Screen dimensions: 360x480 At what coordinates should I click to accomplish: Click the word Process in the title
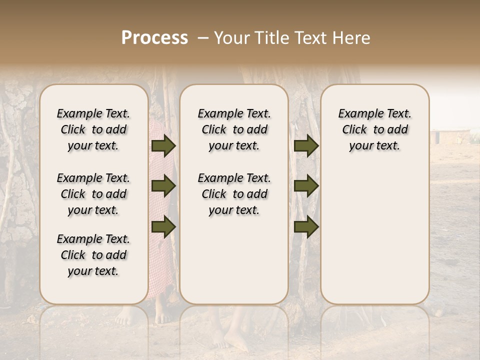(x=154, y=38)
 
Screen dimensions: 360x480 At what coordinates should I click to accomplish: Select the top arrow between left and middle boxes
(x=163, y=145)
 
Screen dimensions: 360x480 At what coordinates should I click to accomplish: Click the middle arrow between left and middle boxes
(x=163, y=186)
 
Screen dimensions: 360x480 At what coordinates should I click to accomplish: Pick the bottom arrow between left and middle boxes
(x=163, y=226)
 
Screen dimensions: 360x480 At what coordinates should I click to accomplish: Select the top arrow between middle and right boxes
(x=306, y=145)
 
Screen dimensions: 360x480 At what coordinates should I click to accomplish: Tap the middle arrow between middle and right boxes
(x=306, y=186)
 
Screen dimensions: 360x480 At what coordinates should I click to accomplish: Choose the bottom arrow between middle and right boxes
(x=306, y=226)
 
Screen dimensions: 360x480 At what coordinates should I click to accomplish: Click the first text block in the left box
(x=93, y=129)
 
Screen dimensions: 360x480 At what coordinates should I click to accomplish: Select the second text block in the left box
(x=93, y=194)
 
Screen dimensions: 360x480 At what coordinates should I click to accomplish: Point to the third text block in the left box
(x=93, y=255)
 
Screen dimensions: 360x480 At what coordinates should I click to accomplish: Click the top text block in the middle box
(x=234, y=129)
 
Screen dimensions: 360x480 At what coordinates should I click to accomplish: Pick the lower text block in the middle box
(x=234, y=194)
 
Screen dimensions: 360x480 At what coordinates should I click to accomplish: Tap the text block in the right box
(x=374, y=129)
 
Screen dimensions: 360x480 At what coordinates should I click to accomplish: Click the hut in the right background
(x=450, y=136)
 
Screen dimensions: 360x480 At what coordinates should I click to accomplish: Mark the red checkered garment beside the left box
(x=162, y=260)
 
